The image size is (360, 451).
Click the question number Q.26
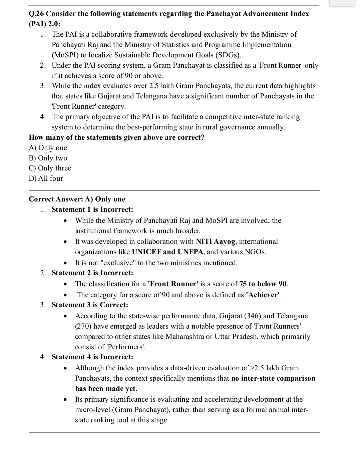coord(36,14)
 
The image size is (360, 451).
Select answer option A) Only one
coord(48,148)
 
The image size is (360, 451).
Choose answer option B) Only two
coord(48,158)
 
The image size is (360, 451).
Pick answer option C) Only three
coord(50,168)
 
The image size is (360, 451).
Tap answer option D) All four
coord(46,178)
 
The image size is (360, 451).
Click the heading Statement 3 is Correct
coord(90,305)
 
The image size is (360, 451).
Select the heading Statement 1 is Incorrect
coord(92,209)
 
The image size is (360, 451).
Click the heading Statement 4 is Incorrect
coord(92,357)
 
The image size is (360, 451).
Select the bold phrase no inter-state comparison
coord(273,378)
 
